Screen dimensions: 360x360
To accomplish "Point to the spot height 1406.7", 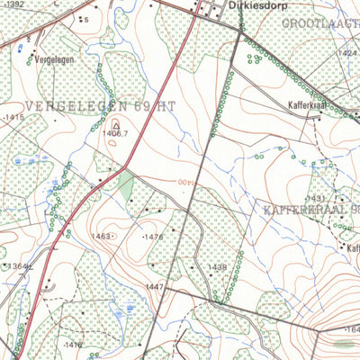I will coord(115,133).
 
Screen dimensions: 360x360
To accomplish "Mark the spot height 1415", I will coord(13,117).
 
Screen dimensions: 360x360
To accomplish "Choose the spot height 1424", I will coord(346,54).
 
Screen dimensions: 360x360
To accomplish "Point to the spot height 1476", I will coord(154,237).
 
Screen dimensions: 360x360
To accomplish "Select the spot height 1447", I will coord(156,286).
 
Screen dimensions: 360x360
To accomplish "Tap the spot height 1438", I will coord(218,267).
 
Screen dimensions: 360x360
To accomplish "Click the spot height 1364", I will coord(20,266).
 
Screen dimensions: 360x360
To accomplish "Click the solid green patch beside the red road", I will coord(126,186).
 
